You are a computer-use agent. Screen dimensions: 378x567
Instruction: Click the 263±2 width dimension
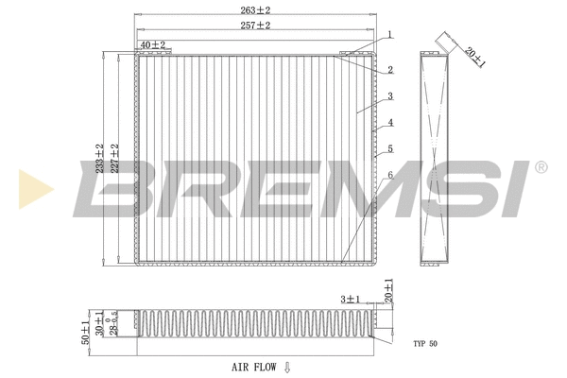coord(254,10)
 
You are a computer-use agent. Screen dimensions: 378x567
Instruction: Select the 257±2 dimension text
coord(254,26)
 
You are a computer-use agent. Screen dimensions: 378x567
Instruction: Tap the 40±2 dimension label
coord(152,44)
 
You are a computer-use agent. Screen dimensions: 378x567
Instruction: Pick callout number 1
coord(388,34)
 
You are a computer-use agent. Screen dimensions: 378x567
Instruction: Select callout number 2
coord(388,70)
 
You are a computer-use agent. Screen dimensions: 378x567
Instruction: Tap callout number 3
coord(388,95)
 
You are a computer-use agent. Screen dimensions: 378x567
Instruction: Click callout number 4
coord(388,122)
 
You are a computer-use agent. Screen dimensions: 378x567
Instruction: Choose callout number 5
coord(388,148)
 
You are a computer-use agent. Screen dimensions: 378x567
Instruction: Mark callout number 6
coord(388,175)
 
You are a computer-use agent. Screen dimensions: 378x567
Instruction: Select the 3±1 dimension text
coord(352,300)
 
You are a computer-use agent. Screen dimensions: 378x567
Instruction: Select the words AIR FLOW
coord(253,365)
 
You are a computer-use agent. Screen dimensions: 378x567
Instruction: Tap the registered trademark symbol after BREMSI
coord(540,168)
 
